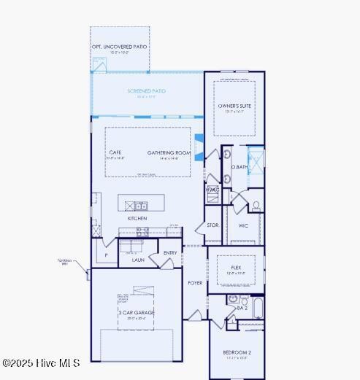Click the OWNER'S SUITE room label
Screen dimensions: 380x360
(x=234, y=106)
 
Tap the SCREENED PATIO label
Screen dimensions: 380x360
(x=146, y=91)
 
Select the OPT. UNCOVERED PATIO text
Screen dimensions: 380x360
(x=119, y=47)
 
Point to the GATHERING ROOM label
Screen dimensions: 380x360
(x=169, y=152)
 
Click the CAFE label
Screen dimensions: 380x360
(x=115, y=152)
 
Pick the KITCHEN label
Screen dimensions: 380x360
(x=137, y=218)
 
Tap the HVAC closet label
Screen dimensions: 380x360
(x=212, y=190)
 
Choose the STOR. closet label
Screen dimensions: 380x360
(x=212, y=225)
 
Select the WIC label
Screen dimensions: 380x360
(x=243, y=225)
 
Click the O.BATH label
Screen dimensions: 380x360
(x=240, y=167)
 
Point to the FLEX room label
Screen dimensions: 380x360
(x=236, y=268)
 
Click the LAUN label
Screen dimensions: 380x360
(x=138, y=259)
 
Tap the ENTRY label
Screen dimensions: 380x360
(x=170, y=253)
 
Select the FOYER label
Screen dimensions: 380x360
(x=195, y=282)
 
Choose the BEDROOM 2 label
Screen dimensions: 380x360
(x=237, y=352)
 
